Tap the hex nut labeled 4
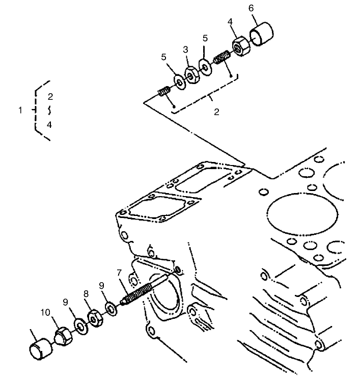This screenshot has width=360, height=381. pyautogui.click(x=240, y=48)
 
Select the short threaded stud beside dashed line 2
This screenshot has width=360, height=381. pyautogui.click(x=163, y=93)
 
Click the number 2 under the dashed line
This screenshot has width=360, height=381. pyautogui.click(x=216, y=112)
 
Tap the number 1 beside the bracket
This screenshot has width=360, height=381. pyautogui.click(x=20, y=110)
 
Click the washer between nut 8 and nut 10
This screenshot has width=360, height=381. pyautogui.click(x=79, y=324)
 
